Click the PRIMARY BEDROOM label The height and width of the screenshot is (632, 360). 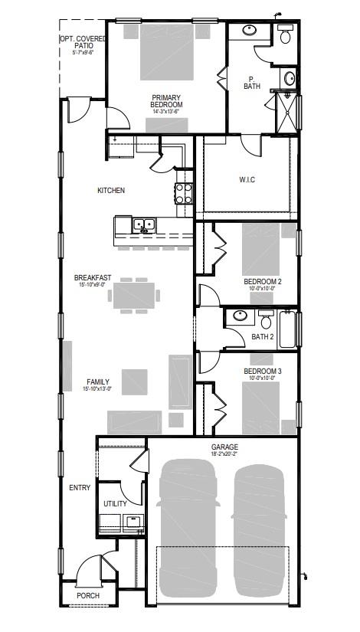pyautogui.click(x=165, y=97)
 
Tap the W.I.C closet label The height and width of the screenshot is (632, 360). pyautogui.click(x=247, y=180)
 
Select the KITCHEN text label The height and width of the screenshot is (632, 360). pyautogui.click(x=110, y=190)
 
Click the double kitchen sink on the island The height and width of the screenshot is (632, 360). pyautogui.click(x=144, y=225)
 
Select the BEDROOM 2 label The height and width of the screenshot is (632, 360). pyautogui.click(x=263, y=281)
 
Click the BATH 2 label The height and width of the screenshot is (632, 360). pyautogui.click(x=262, y=336)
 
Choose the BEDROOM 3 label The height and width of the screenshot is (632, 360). pyautogui.click(x=263, y=372)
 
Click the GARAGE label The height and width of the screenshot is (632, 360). pyautogui.click(x=225, y=447)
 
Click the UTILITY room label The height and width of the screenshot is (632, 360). pyautogui.click(x=115, y=503)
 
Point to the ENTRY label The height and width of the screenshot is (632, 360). pyautogui.click(x=80, y=487)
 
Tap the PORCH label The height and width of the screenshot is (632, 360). pyautogui.click(x=87, y=595)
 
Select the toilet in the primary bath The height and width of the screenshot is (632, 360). pyautogui.click(x=285, y=34)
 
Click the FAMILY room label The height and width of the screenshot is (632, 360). pyautogui.click(x=97, y=381)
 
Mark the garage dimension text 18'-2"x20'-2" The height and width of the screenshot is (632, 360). pyautogui.click(x=225, y=454)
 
